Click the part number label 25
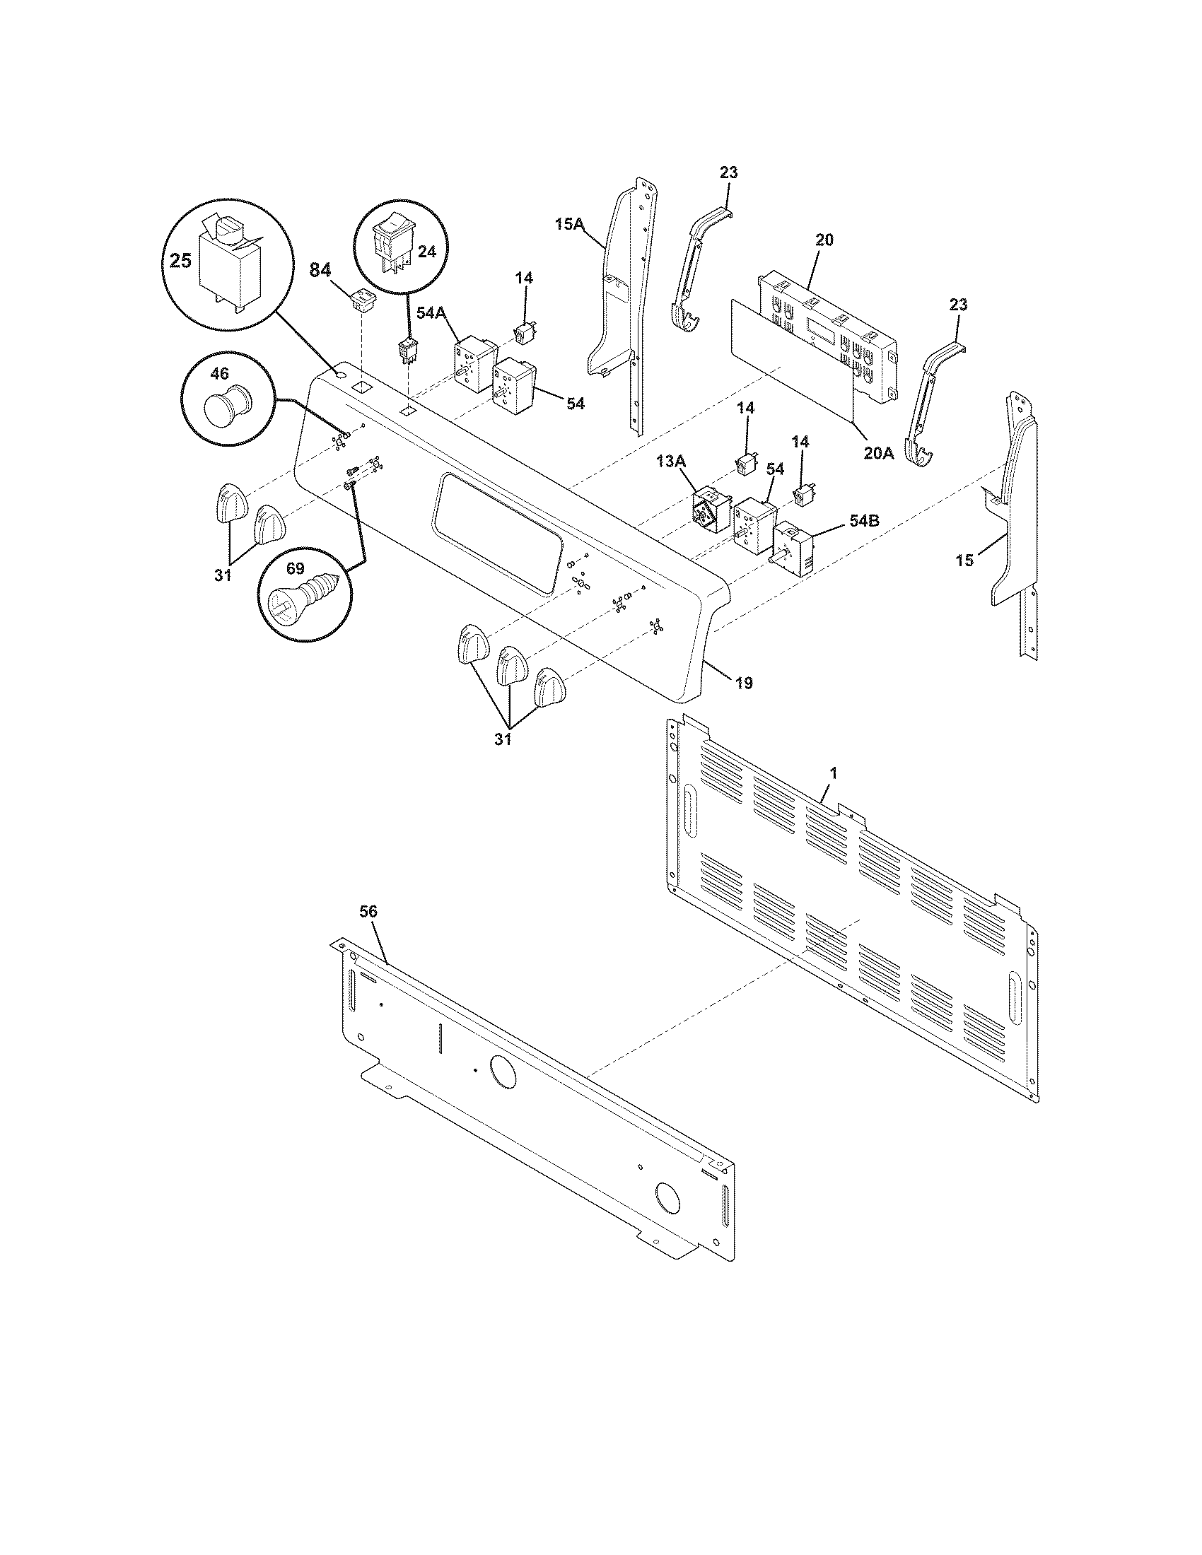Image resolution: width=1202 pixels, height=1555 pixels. (x=180, y=261)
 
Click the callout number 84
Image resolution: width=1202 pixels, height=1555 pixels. (x=321, y=270)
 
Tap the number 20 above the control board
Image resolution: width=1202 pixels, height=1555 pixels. (x=823, y=240)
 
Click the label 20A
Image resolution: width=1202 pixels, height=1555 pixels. (x=878, y=453)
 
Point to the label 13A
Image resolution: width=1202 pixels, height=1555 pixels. (x=671, y=462)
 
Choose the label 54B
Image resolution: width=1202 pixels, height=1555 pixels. (x=863, y=520)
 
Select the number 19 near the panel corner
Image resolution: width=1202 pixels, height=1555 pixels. (x=743, y=683)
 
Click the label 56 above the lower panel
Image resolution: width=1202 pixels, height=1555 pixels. (x=368, y=911)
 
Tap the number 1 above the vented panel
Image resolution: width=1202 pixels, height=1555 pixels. (x=833, y=773)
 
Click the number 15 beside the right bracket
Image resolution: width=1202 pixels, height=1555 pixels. (x=964, y=561)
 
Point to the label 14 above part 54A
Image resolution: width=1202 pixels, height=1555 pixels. (x=524, y=278)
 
